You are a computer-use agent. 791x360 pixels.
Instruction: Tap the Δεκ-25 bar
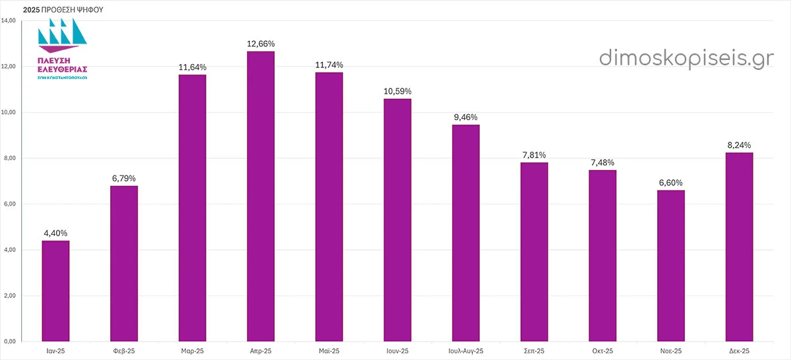tap(739, 247)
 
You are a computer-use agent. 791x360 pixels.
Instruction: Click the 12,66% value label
tap(260, 44)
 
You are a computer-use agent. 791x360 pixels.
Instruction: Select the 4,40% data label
tap(55, 233)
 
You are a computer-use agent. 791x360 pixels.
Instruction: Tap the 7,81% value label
tap(534, 155)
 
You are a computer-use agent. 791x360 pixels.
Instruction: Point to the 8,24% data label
tap(739, 145)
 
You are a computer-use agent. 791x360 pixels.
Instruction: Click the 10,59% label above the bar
tap(397, 91)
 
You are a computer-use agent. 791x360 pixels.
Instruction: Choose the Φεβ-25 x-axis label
tap(124, 351)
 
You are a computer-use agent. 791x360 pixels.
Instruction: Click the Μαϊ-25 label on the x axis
tap(328, 351)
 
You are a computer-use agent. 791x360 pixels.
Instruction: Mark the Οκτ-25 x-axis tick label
tap(602, 351)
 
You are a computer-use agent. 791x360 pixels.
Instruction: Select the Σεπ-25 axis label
tap(534, 351)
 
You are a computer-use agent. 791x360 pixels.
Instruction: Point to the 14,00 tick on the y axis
tap(9, 21)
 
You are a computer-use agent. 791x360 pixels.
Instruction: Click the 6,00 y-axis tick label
tap(9, 204)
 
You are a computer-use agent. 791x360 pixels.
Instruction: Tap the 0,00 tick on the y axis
tap(9, 342)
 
